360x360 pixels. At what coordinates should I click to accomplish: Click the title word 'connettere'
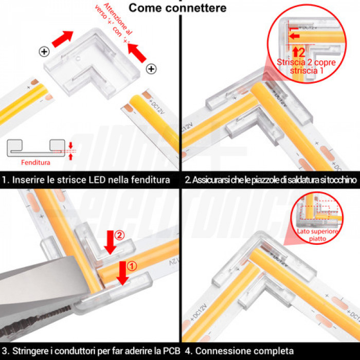click(198, 8)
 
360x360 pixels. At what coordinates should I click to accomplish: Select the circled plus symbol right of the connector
click(151, 68)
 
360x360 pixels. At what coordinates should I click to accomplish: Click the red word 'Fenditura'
click(35, 162)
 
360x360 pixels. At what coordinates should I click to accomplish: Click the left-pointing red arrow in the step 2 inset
click(294, 37)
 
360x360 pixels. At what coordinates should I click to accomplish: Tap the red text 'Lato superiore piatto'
click(317, 236)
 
